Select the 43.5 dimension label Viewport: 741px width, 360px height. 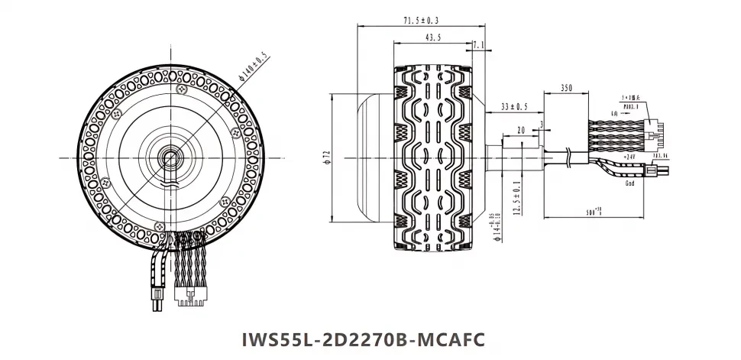[x=432, y=37]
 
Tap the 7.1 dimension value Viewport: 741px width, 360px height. [x=479, y=47]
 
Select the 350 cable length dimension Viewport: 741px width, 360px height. [x=566, y=88]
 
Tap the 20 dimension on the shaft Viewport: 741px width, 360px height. [x=520, y=131]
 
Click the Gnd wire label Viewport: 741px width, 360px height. [x=630, y=184]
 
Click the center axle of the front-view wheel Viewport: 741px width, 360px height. [x=167, y=157]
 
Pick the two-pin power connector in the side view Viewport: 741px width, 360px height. [x=658, y=164]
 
